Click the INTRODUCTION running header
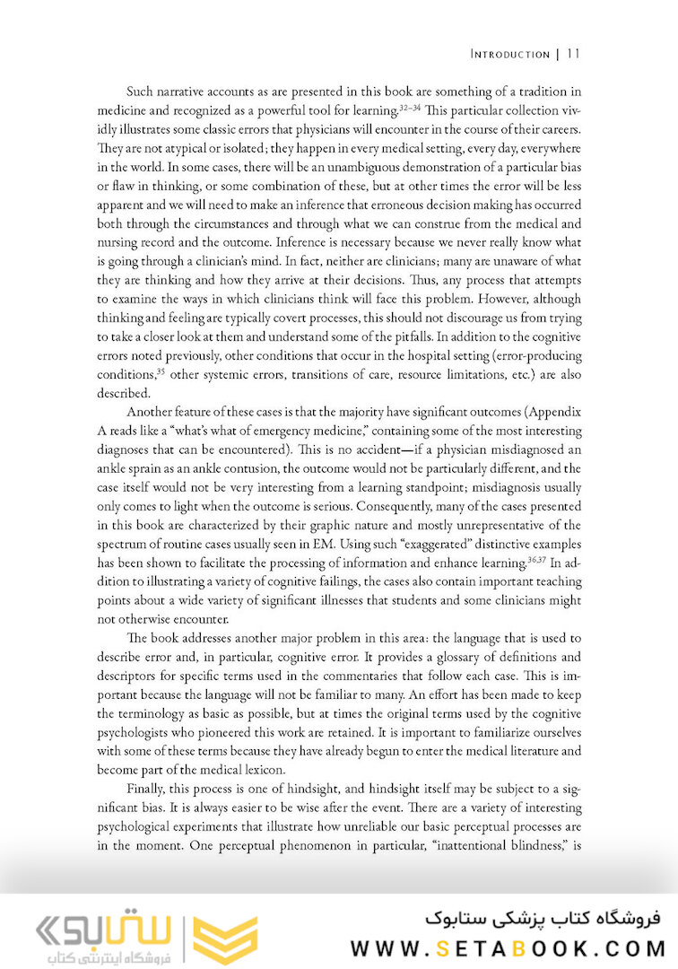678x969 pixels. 509,55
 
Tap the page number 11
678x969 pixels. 574,54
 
